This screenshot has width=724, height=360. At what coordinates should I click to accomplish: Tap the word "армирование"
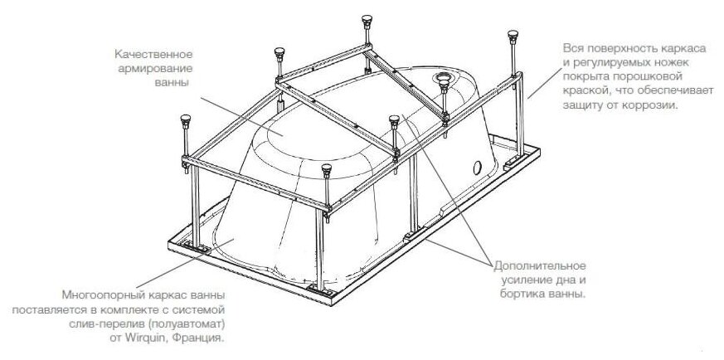[152, 68]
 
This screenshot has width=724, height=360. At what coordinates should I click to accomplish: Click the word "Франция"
[202, 339]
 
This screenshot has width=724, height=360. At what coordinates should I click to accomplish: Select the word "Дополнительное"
[540, 265]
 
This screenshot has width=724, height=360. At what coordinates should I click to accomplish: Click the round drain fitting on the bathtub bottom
[445, 82]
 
